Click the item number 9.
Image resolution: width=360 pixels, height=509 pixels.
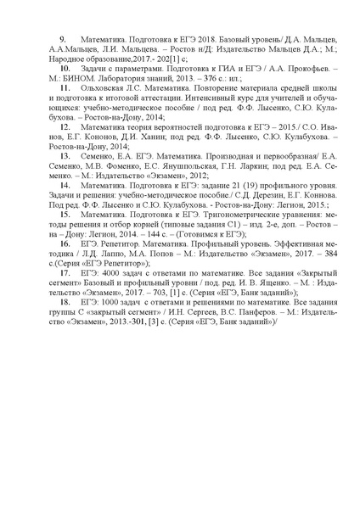(x=61, y=40)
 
